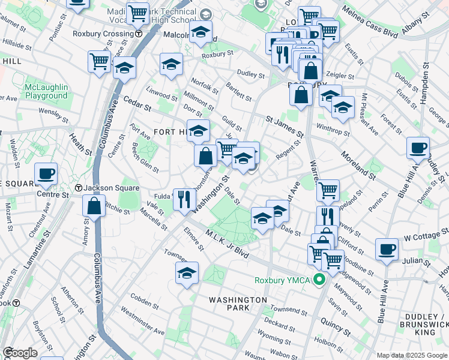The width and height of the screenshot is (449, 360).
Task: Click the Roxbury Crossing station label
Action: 103,34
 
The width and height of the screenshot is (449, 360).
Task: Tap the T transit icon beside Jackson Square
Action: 78,188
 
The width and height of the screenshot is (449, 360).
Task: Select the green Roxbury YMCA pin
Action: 320,279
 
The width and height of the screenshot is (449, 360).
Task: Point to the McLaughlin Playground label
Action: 46,91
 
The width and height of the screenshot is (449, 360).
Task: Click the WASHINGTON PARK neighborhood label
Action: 238,303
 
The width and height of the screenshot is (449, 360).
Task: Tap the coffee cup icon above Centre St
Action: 46,175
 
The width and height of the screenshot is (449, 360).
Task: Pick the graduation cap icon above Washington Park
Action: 187,273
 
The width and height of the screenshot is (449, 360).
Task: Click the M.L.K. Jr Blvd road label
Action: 227,243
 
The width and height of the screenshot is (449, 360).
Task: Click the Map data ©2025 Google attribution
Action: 411,355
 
